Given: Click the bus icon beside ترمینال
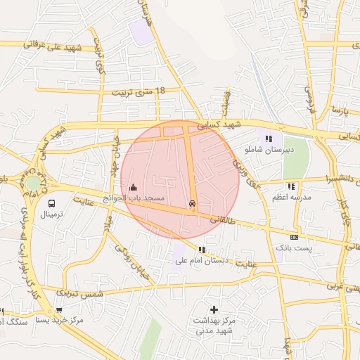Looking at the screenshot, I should click(50, 203).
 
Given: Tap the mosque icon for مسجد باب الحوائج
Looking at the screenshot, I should click(134, 187).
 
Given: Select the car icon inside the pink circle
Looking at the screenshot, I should click(193, 204).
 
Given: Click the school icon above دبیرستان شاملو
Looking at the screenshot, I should click(269, 138).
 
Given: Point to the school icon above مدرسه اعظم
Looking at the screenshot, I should click(290, 186).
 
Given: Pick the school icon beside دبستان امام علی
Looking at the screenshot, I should click(202, 249).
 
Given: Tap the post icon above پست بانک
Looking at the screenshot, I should click(293, 237).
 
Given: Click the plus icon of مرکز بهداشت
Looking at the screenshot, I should click(214, 309).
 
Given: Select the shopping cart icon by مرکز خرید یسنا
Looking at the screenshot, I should click(58, 309).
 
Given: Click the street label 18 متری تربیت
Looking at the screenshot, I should click(138, 91).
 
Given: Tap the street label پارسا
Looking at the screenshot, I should click(341, 111).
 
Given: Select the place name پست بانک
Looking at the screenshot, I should click(292, 248).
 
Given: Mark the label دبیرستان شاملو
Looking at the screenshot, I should click(269, 150).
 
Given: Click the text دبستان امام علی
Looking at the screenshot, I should click(198, 261).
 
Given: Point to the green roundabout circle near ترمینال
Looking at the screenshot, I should click(33, 184).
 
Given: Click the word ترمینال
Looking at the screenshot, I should click(50, 214).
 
